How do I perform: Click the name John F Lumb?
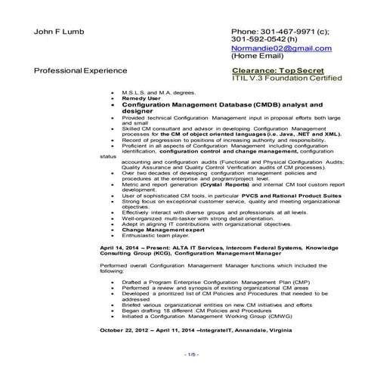(61, 33)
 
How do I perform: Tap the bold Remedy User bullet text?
(139, 99)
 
